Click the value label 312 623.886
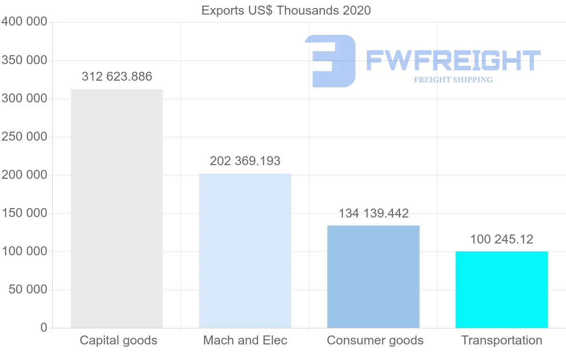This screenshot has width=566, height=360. pos(117,76)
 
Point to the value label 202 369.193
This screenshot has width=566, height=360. pos(245,161)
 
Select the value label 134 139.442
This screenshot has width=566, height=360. pos(374,213)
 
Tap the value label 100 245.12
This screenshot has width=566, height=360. pos(501,239)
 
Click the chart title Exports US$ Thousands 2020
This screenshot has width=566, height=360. pos(286,10)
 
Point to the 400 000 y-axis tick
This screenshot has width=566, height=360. pos(25,22)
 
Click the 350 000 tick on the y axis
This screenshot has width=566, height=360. pos(25,60)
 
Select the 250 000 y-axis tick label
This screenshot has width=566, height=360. pos(25,137)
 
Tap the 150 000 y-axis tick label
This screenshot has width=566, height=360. pos(25,213)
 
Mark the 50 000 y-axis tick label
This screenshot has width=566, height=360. pos(28,290)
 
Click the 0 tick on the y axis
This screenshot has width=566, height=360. pos(44,327)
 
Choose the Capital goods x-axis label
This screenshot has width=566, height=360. pos(118,340)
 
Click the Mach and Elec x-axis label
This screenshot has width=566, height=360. pos(245,340)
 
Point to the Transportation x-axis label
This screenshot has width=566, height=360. pos(502,340)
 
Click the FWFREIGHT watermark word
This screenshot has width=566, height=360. pos(453,60)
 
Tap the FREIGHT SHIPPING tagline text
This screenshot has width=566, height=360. pos(453,80)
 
